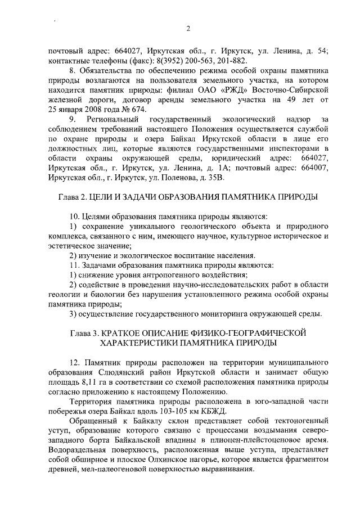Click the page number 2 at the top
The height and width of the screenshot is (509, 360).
click(x=188, y=29)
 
